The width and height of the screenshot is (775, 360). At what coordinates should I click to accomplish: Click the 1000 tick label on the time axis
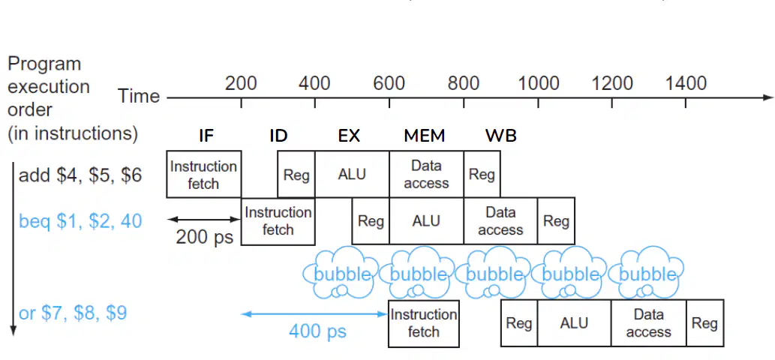538,83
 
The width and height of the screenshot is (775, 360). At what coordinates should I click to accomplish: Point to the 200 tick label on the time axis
241,83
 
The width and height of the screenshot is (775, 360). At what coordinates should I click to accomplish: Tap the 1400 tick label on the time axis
686,83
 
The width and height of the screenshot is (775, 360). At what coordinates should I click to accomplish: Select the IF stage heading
206,135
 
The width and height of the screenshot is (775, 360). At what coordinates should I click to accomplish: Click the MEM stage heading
425,135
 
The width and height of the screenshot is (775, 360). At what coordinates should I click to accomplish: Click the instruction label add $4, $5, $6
80,175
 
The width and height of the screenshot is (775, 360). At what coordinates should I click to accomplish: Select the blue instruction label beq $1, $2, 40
80,220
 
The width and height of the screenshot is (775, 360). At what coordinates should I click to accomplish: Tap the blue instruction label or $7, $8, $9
73,313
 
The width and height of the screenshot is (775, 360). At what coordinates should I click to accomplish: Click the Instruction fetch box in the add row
203,174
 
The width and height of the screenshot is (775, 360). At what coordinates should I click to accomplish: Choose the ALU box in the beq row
426,220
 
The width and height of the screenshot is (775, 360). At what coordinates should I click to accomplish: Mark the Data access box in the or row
648,323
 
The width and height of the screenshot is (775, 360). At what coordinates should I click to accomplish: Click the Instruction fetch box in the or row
424,323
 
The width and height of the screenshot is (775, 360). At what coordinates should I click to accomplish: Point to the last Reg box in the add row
482,174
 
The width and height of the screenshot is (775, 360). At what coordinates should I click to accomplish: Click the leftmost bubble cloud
341,273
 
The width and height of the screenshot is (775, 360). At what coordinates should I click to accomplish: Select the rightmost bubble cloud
646,273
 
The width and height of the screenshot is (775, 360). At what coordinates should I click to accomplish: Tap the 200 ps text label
204,237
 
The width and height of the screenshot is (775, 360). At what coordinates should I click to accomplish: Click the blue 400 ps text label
317,331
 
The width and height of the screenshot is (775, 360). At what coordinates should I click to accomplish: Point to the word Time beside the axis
139,96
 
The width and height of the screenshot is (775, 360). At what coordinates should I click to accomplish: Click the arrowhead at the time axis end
768,97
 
